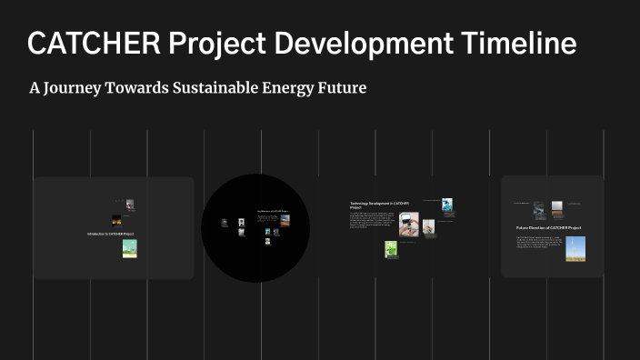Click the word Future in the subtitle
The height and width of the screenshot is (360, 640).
pyautogui.click(x=340, y=88)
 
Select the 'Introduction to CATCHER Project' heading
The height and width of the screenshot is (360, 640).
pyautogui.click(x=111, y=234)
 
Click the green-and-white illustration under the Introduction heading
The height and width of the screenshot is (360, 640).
pyautogui.click(x=129, y=248)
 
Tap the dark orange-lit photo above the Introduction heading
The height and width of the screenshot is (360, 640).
pyautogui.click(x=116, y=220)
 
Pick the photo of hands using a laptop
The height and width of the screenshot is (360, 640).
pyautogui.click(x=408, y=224)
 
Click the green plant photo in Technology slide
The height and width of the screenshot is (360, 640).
pyautogui.click(x=391, y=248)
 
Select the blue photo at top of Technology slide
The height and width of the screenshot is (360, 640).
pyautogui.click(x=447, y=205)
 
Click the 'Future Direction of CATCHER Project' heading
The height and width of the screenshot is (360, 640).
pyautogui.click(x=548, y=227)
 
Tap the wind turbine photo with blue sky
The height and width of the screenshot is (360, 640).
pyautogui.click(x=575, y=248)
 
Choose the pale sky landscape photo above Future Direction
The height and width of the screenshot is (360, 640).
pyautogui.click(x=556, y=209)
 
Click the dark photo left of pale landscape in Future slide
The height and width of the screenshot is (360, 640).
pyautogui.click(x=538, y=209)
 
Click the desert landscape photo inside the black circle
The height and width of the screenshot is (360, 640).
pyautogui.click(x=285, y=219)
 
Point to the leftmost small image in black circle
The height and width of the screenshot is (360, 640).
pyautogui.click(x=225, y=223)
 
